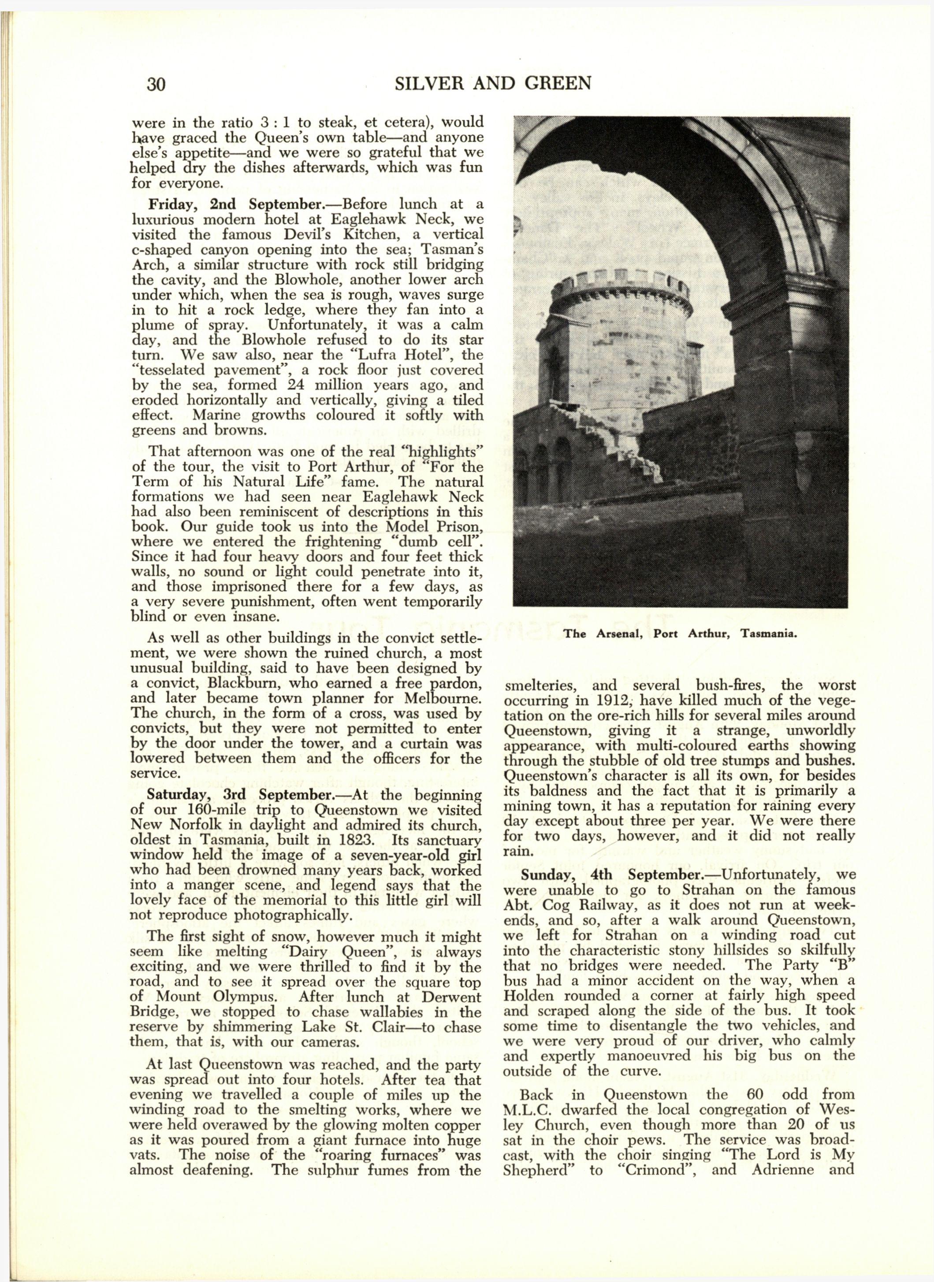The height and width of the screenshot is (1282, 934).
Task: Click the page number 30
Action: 156,84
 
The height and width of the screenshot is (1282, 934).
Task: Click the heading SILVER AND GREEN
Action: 492,83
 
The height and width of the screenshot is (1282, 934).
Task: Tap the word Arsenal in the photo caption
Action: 618,634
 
